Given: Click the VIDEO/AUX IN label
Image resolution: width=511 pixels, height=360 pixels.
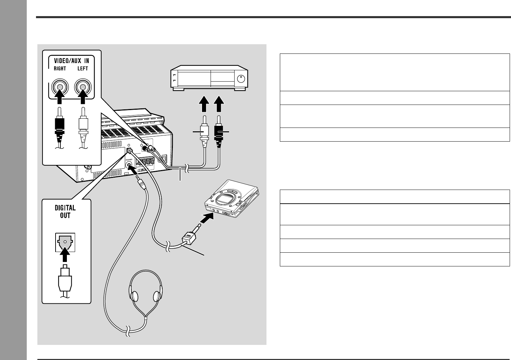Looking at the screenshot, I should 71,60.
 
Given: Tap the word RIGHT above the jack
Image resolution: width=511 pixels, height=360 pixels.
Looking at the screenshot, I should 60,69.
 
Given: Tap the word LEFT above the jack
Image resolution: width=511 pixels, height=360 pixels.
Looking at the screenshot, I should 83,69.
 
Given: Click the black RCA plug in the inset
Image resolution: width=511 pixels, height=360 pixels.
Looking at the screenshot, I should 60,127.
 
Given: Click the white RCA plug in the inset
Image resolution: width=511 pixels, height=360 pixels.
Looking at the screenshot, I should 83,127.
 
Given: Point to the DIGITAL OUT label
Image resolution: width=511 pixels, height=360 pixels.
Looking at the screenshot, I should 65,212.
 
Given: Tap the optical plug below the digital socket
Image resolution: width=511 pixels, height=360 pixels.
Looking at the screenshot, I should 65,279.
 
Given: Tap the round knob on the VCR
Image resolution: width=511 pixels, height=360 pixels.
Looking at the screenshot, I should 241,79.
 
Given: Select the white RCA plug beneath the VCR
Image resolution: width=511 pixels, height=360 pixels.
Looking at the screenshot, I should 204,132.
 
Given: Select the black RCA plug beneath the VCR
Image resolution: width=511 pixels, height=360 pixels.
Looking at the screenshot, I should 218,132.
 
